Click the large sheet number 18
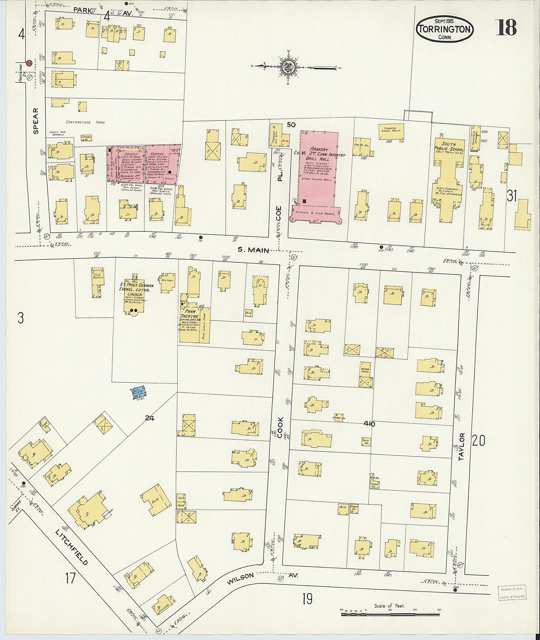(x=507, y=27)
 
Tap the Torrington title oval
(x=445, y=29)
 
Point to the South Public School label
(x=450, y=146)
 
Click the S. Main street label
(x=253, y=250)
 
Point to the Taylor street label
(x=462, y=447)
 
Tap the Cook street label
(x=280, y=427)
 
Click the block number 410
(x=369, y=424)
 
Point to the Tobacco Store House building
(x=391, y=128)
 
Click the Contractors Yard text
(x=86, y=123)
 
